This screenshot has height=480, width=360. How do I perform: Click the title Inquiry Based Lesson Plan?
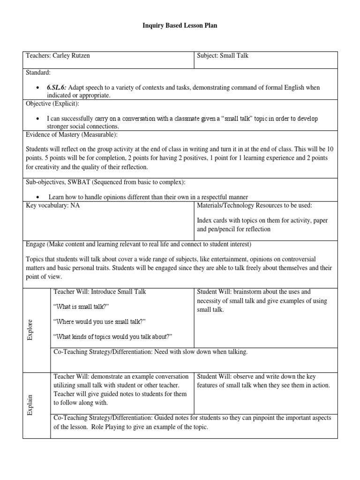coord(180,26)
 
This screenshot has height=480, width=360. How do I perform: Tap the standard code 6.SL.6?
coord(57,88)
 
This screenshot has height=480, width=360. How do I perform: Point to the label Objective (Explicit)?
coord(52,103)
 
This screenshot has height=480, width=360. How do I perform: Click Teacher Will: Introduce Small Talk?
coord(100,291)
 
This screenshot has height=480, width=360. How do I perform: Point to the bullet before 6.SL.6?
coord(37,88)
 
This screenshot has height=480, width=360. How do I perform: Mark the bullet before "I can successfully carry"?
coord(37,119)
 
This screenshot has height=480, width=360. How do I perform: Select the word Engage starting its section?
coord(36,244)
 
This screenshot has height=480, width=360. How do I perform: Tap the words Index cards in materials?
coord(212,220)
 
